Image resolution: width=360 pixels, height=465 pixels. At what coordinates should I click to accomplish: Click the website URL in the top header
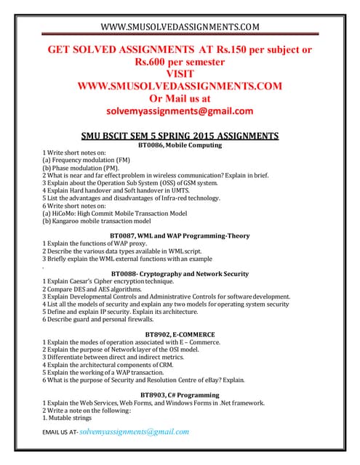(180, 28)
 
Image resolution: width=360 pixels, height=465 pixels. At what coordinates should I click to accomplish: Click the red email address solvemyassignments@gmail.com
(180, 111)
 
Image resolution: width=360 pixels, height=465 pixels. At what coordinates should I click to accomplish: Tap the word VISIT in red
(179, 74)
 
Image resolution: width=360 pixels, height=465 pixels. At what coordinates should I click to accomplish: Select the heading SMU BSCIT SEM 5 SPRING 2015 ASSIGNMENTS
(179, 135)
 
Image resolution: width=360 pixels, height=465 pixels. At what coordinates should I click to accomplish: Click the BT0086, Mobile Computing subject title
(179, 145)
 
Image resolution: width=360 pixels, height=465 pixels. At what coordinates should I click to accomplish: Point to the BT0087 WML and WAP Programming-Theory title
(179, 235)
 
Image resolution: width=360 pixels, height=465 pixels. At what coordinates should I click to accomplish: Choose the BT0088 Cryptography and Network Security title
(179, 274)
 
